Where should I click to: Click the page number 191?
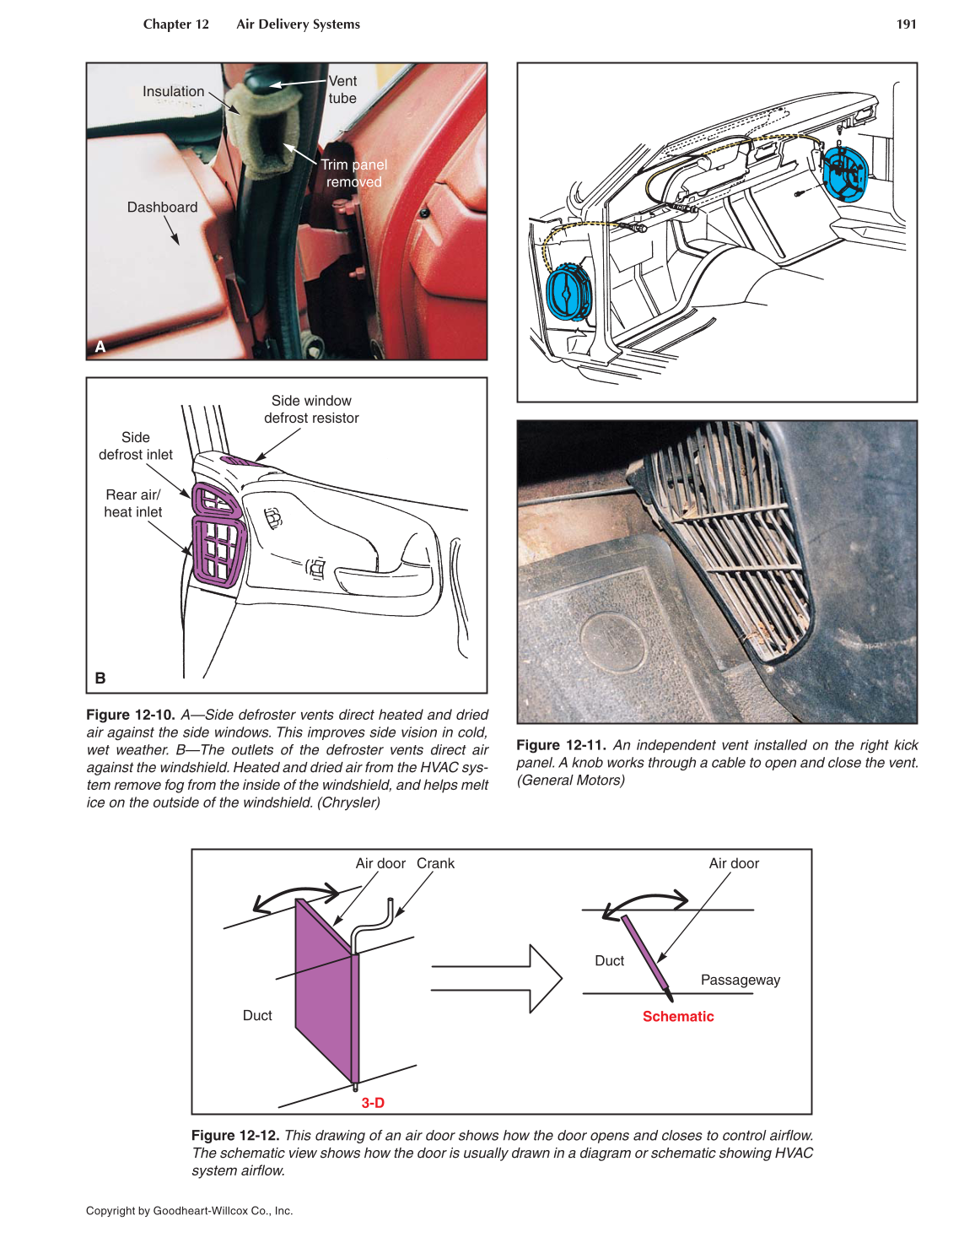tap(906, 24)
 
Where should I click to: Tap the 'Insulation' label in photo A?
tap(173, 91)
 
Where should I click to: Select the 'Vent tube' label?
tap(342, 89)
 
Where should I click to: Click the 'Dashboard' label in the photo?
tap(162, 208)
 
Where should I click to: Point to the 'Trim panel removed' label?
tap(354, 173)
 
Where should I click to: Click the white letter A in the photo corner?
tap(100, 347)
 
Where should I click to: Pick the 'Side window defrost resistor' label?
tap(311, 409)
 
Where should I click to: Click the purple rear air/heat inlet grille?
tap(218, 549)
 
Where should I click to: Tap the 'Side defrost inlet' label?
tap(135, 446)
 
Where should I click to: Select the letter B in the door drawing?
tap(100, 678)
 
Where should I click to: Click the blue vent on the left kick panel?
tap(569, 291)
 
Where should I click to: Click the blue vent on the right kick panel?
tap(844, 173)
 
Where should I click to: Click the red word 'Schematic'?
tap(678, 1017)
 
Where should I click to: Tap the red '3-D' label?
tap(373, 1103)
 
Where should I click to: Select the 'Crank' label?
tap(435, 863)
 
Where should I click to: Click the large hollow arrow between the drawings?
tap(498, 979)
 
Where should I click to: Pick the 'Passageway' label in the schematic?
tap(740, 980)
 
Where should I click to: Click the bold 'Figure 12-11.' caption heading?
tap(561, 745)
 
